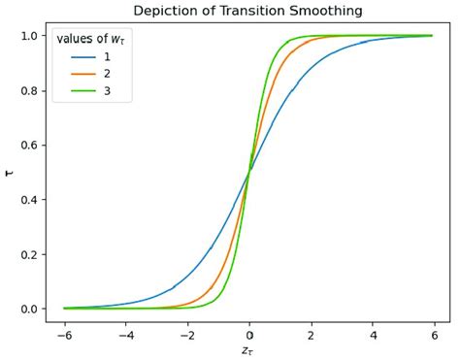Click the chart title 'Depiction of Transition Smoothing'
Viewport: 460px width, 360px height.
(247, 11)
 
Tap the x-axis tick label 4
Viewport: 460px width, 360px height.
(373, 334)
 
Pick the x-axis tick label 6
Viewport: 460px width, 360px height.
(434, 334)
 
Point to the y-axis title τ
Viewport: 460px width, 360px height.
(10, 172)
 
